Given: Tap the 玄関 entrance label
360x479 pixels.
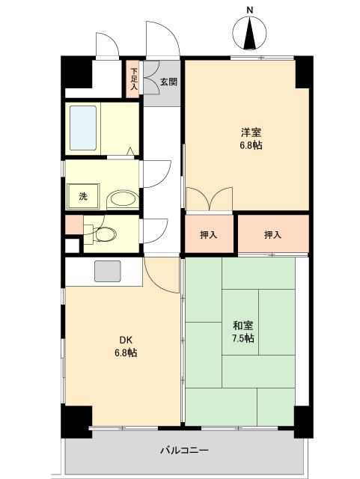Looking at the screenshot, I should click(168, 82).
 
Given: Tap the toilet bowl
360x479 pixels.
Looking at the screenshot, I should click(104, 234).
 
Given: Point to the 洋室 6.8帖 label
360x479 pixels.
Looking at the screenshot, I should click(251, 138).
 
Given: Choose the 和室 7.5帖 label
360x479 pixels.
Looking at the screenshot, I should click(242, 332).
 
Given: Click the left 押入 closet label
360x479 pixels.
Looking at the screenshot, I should click(209, 234).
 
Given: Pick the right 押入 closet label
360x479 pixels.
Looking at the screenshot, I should click(272, 234).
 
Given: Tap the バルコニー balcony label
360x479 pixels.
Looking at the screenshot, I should click(183, 451).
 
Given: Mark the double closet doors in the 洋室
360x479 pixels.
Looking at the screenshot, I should click(210, 201).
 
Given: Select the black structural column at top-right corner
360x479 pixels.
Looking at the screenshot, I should click(302, 72).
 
